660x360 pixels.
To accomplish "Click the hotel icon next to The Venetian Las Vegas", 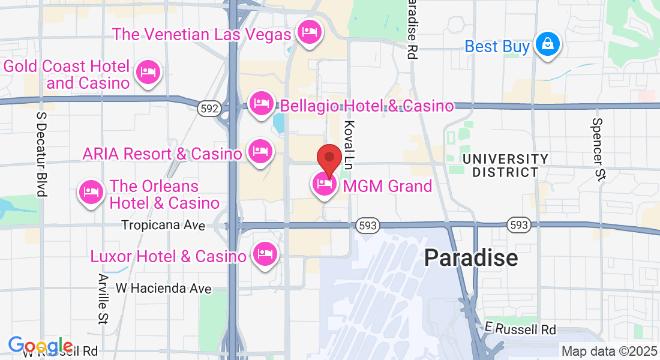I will coord(309,32).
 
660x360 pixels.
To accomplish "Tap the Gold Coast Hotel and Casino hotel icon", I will coord(148,73).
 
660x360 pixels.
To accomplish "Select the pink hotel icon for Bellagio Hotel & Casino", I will coord(261,103).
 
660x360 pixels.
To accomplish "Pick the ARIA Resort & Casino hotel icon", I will coord(259,150).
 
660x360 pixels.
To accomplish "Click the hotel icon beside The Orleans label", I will coord(91,192).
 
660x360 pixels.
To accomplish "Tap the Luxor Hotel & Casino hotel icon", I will coord(265,254).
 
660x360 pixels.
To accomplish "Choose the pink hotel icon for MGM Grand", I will coord(324,184).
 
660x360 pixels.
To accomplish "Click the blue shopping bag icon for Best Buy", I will coord(547,44).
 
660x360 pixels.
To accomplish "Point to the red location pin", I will coord(329,159).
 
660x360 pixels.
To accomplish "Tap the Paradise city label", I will coord(471,257).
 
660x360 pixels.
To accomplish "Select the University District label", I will coord(505,166).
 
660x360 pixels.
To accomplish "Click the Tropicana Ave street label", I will coord(163,226).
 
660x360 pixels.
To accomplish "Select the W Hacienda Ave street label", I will coord(164,289).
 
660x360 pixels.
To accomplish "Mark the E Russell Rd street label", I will coord(520,329).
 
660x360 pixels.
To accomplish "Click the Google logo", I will coord(41,346).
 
